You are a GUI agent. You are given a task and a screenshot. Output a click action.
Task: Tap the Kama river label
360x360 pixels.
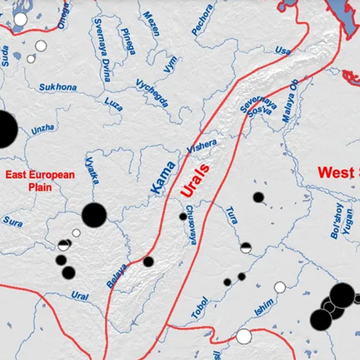163,178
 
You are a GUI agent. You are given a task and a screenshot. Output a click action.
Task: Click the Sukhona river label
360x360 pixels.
57,87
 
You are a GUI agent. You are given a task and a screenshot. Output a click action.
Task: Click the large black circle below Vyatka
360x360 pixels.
94,214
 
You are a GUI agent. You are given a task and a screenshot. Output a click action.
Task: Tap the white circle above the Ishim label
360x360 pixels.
280,286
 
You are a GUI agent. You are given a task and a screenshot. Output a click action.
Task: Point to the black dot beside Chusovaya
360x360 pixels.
183,216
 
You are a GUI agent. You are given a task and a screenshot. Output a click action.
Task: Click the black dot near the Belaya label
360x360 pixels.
148,262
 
